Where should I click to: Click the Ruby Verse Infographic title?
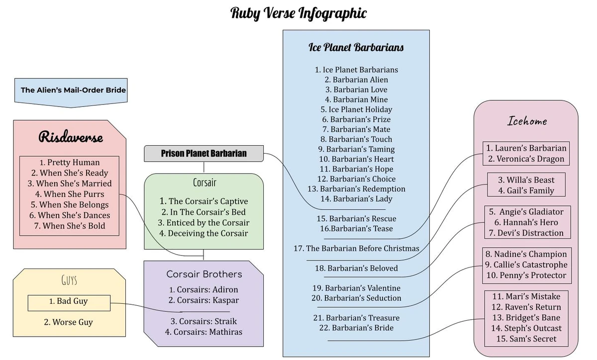coord(298,13)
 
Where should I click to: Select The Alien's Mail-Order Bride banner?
coord(73,90)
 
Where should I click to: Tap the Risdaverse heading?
coord(71,137)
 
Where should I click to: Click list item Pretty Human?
coord(70,163)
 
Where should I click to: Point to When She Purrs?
coord(70,194)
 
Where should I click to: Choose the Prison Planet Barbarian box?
coord(203,153)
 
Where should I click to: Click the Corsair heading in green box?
coord(204,182)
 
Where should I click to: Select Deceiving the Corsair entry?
coord(203,233)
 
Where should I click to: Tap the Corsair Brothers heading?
coord(204,274)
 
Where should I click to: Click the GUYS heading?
coord(69,280)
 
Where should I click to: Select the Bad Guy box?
coord(69,301)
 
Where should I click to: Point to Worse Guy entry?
coord(69,322)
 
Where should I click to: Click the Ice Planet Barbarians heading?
coord(356,48)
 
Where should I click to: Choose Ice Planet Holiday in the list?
coord(356,109)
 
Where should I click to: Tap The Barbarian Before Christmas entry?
coord(356,248)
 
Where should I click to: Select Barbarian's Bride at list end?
coord(356,328)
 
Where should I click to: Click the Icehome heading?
coord(526,121)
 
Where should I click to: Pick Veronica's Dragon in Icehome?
coord(526,159)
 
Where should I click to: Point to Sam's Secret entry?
coord(526,339)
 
